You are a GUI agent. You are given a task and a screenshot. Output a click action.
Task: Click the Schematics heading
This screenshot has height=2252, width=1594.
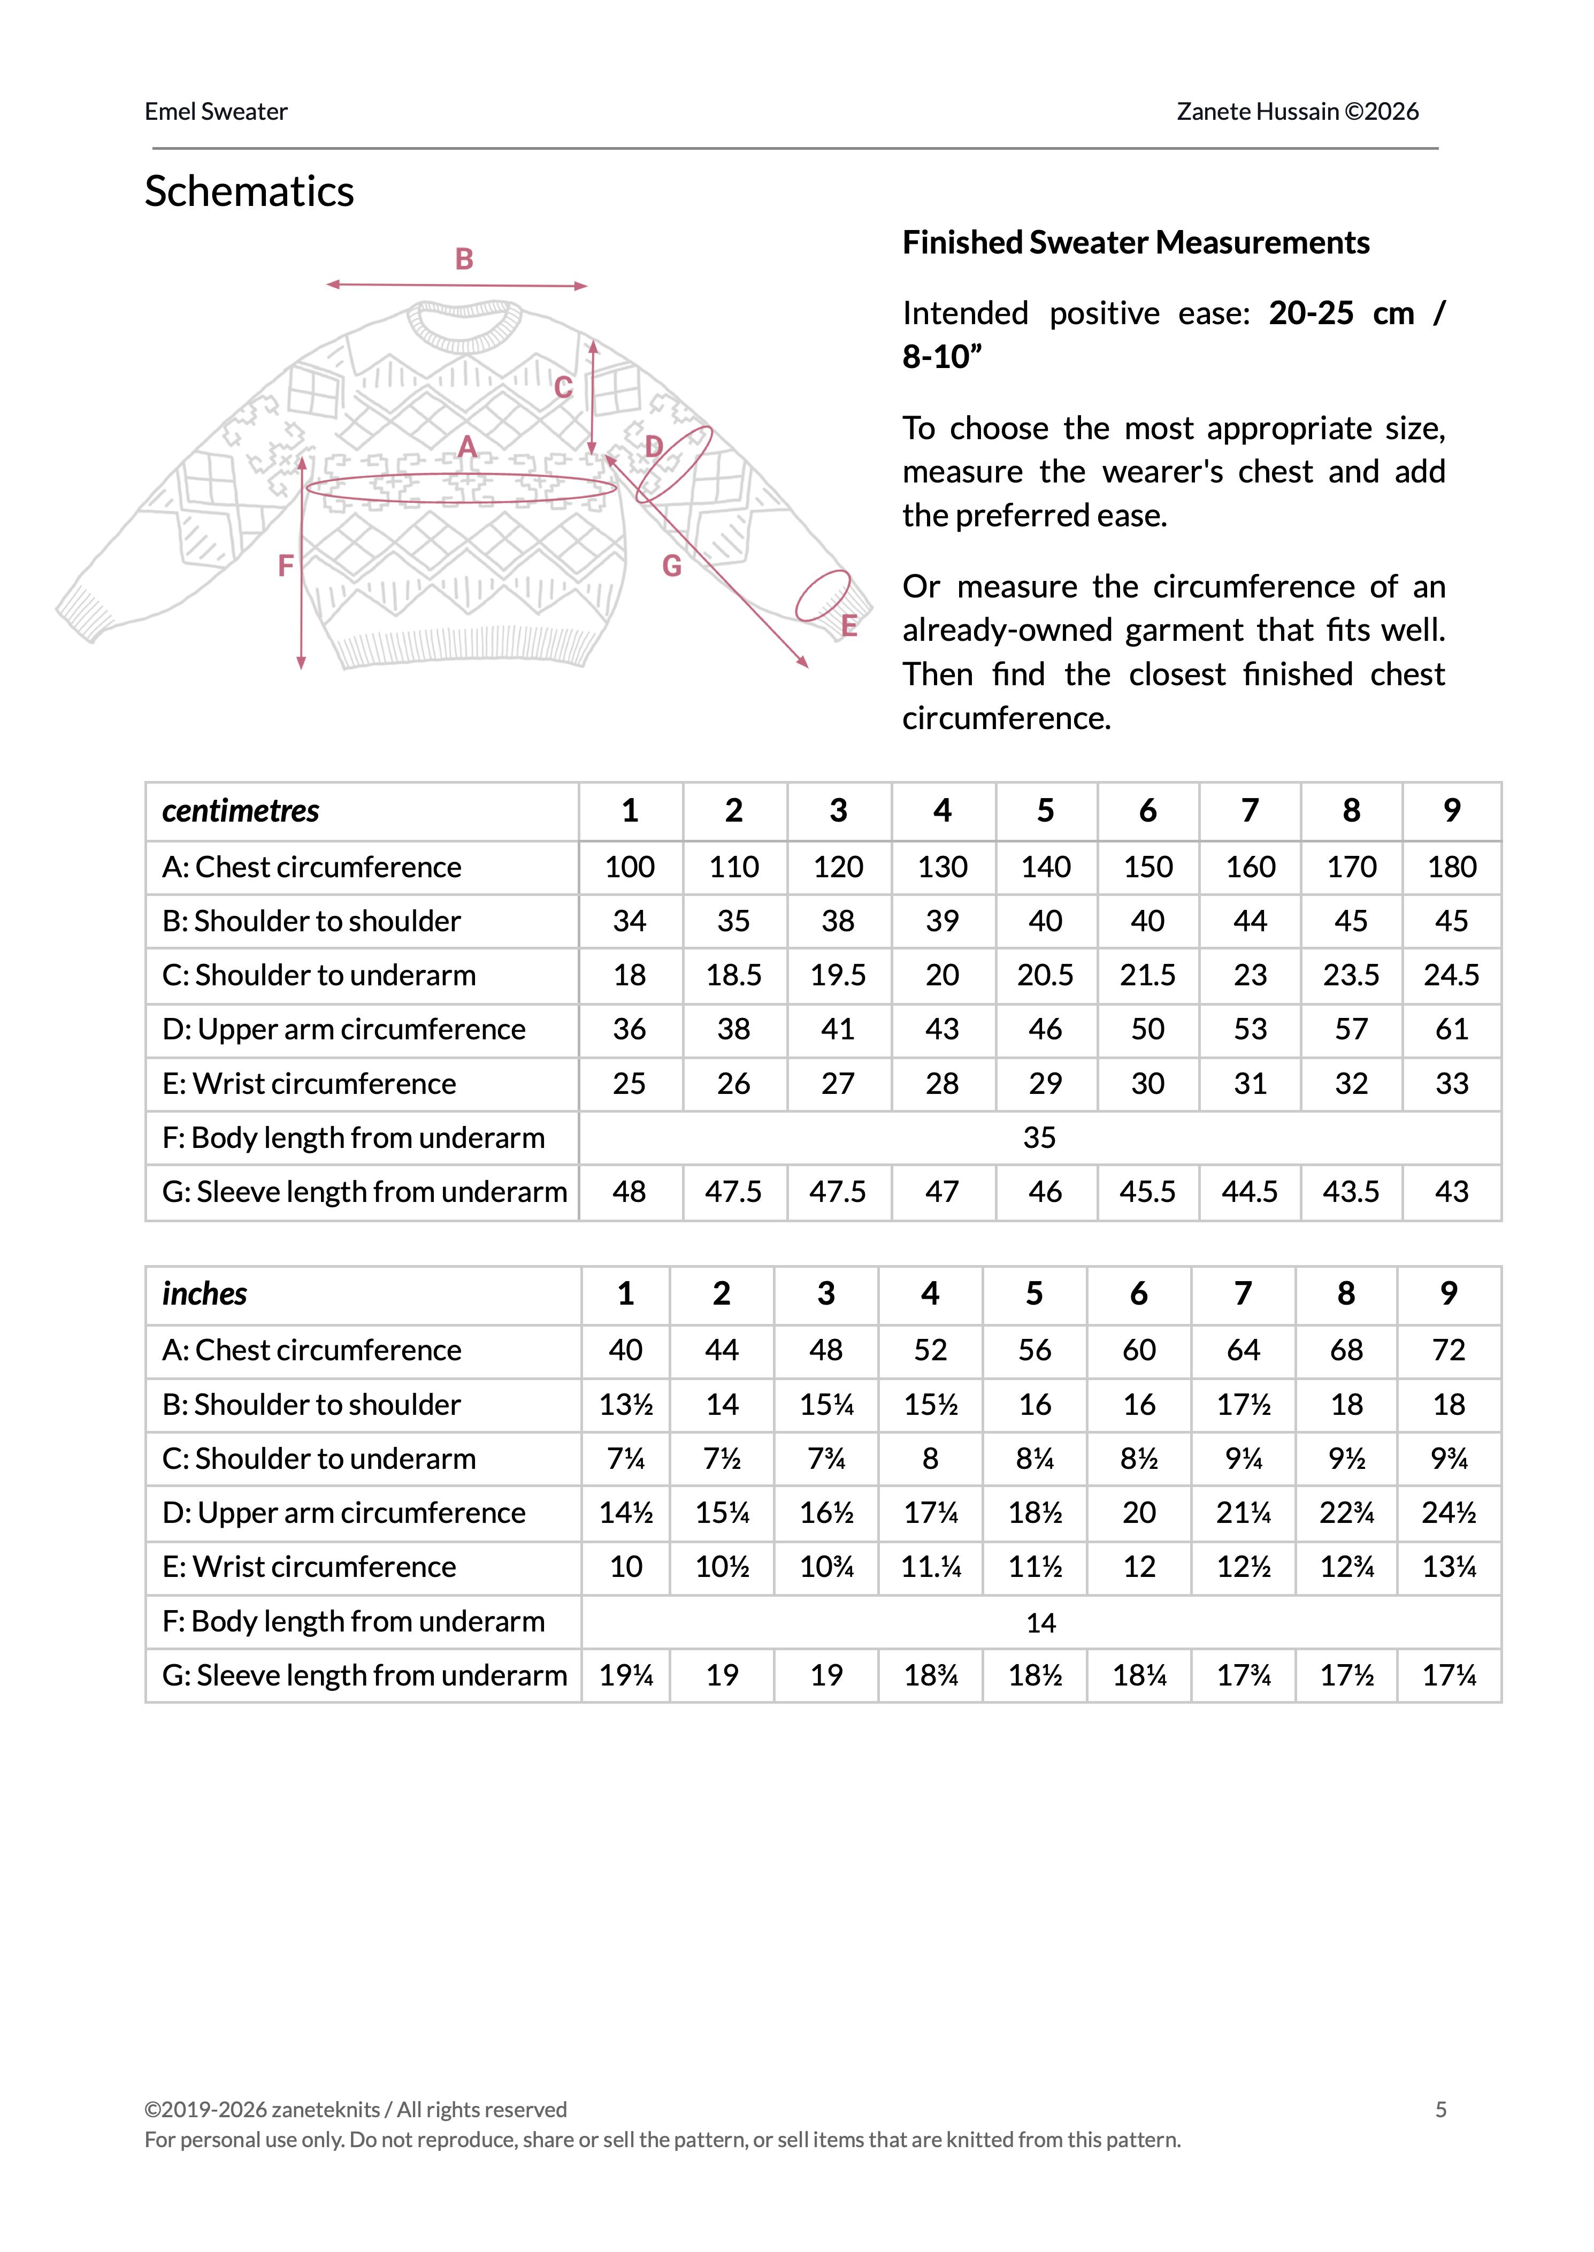click(x=249, y=192)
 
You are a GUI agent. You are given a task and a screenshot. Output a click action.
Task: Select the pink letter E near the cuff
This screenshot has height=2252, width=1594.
click(x=849, y=626)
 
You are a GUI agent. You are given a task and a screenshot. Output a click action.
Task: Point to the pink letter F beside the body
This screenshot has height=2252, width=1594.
click(x=286, y=565)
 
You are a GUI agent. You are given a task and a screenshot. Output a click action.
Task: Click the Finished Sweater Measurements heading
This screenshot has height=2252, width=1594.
click(x=1136, y=242)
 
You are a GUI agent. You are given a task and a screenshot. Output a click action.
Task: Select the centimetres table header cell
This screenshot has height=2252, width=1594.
click(x=241, y=810)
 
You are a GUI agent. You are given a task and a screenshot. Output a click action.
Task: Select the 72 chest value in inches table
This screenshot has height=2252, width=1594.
click(x=1449, y=1350)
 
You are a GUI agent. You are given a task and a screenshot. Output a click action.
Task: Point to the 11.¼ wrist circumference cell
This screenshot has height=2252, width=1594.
click(x=931, y=1567)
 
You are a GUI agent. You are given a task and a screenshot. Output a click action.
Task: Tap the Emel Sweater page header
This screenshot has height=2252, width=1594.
click(x=216, y=112)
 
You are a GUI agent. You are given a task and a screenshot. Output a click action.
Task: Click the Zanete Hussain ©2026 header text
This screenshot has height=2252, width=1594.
click(x=1298, y=112)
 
